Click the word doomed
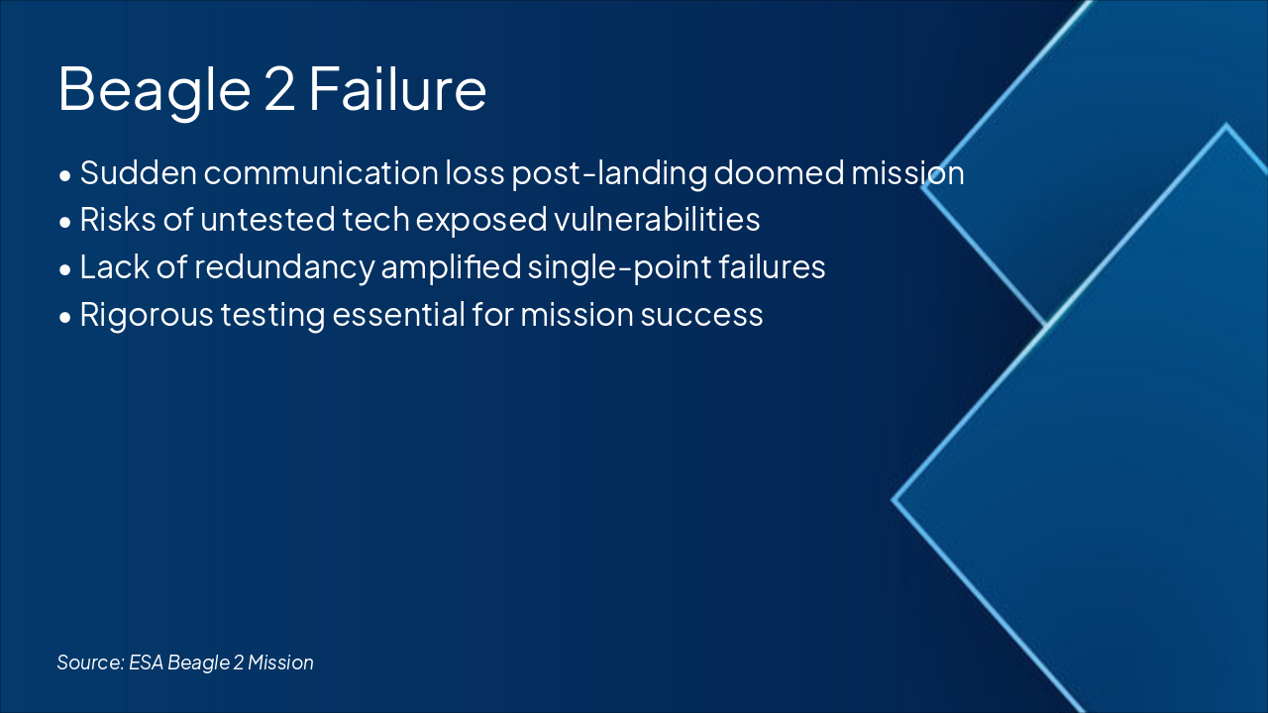tap(764, 173)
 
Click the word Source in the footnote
tap(88, 662)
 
